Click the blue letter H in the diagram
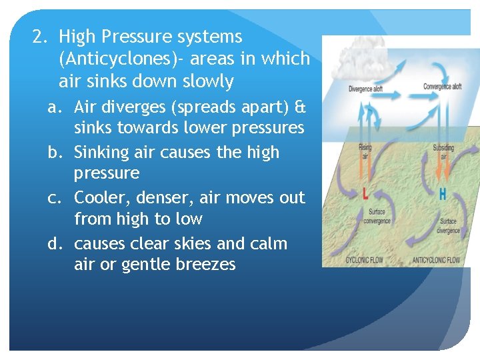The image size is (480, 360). tap(443, 195)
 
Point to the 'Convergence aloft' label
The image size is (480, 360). tap(443, 87)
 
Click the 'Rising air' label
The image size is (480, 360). tap(366, 151)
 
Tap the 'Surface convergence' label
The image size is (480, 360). tap(377, 217)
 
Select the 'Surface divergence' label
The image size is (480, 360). tap(449, 226)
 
